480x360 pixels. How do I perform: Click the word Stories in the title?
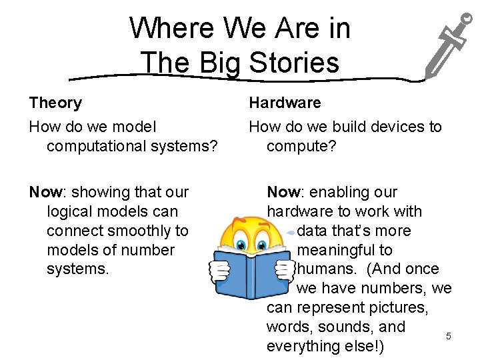pyautogui.click(x=294, y=63)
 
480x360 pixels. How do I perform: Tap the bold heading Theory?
pyautogui.click(x=55, y=103)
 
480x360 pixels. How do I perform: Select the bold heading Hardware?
pyautogui.click(x=285, y=103)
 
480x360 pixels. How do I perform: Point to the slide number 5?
pyautogui.click(x=449, y=336)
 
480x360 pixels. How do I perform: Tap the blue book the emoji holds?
pyautogui.click(x=253, y=270)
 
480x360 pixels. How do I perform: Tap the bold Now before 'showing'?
pyautogui.click(x=45, y=193)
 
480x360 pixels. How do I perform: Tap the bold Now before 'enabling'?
pyautogui.click(x=283, y=193)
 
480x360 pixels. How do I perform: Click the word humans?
pyautogui.click(x=325, y=269)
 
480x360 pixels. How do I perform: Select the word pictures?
pyautogui.click(x=397, y=308)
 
